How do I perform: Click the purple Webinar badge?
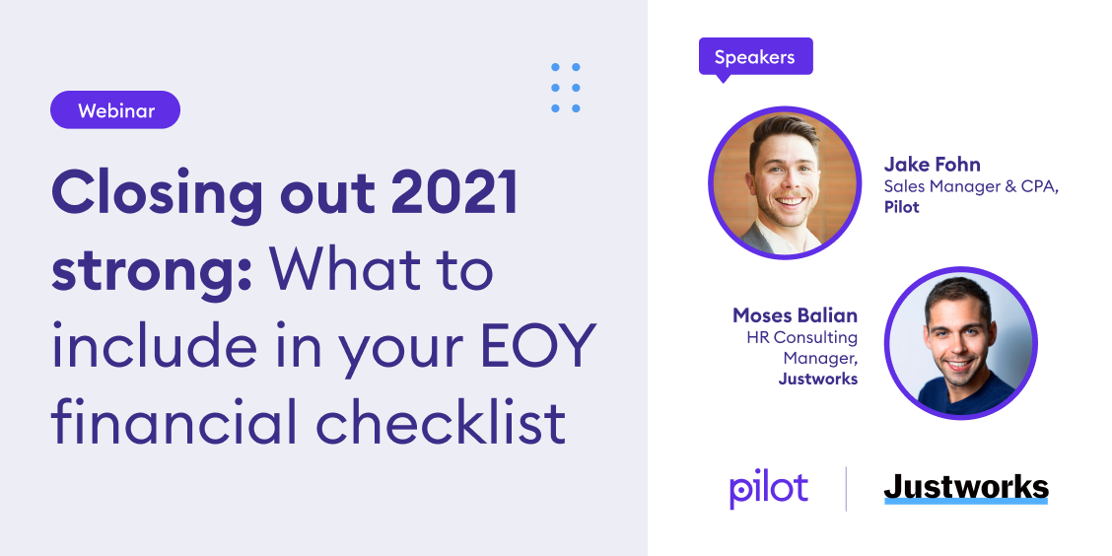click(x=115, y=110)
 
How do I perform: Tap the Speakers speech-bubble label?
click(x=755, y=58)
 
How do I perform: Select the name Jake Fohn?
click(x=932, y=166)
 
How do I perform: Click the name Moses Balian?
click(x=795, y=314)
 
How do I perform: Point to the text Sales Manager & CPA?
click(x=972, y=187)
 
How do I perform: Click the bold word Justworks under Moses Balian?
click(x=817, y=380)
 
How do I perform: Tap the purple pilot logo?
click(x=768, y=489)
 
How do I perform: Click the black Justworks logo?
click(x=966, y=488)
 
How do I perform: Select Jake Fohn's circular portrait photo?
click(x=785, y=182)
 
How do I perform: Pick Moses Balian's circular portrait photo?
click(x=961, y=343)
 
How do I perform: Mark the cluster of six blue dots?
click(x=566, y=88)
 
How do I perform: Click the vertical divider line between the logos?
click(x=846, y=489)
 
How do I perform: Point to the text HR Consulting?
click(x=802, y=337)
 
